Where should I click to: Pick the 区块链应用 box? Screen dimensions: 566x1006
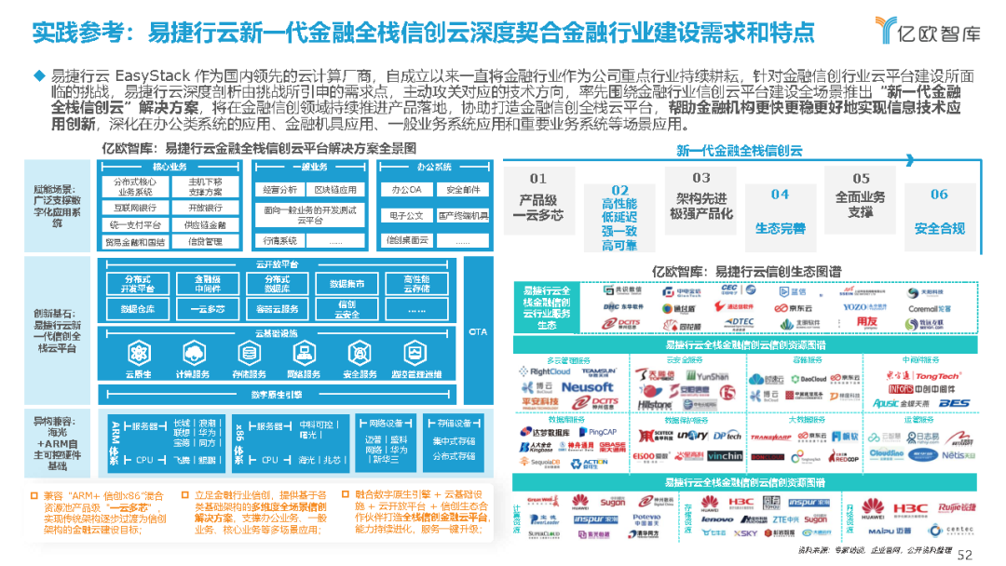335,189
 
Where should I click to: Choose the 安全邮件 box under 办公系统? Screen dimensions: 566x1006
463,189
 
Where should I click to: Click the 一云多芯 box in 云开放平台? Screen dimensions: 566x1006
207,309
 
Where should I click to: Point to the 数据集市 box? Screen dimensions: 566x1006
347,284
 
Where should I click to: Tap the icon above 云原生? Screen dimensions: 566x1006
138,352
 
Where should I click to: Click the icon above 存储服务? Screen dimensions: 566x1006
248,352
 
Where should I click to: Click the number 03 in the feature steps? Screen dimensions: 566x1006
700,178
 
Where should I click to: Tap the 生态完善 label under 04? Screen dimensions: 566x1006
780,229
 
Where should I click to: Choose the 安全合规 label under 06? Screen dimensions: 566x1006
939,229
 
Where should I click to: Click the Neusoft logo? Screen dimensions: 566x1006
588,386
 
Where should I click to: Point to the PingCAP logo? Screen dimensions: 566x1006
603,432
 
